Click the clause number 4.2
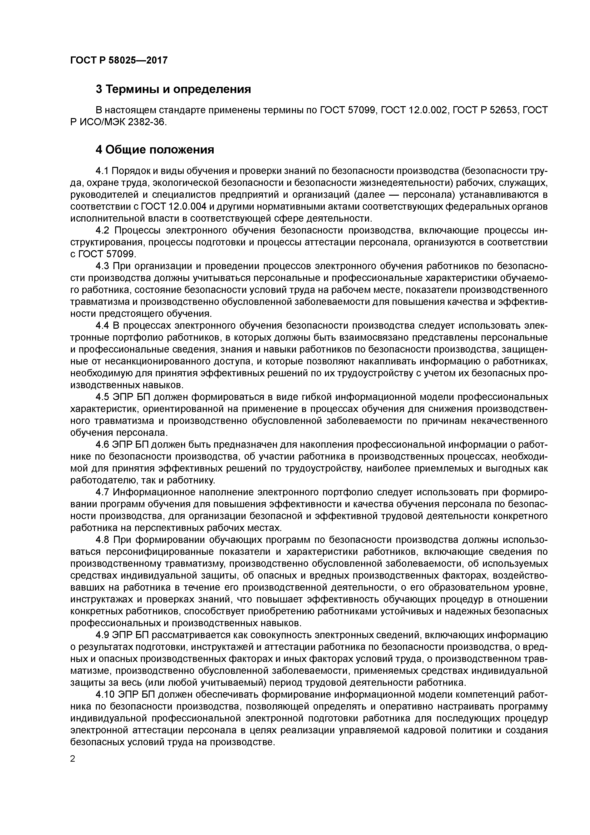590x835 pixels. [103, 231]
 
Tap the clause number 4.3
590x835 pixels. [103, 266]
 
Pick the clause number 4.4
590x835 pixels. [103, 325]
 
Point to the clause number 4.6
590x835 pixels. [103, 444]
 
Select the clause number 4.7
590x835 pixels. [103, 492]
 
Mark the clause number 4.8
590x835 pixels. [103, 540]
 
